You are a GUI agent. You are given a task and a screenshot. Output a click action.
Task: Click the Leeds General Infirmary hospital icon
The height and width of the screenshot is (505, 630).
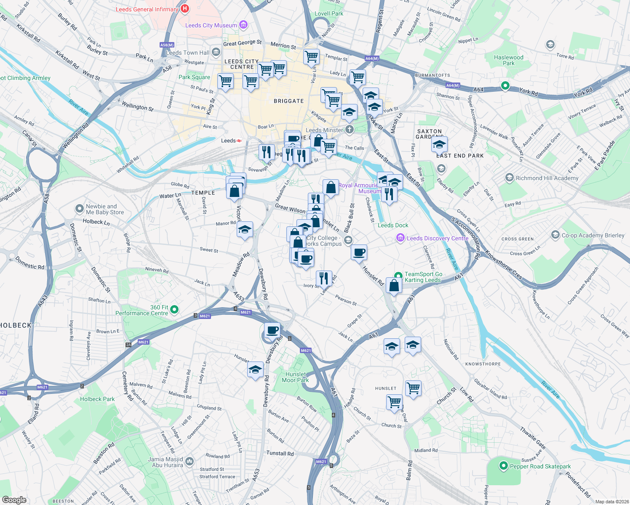[x=184, y=8]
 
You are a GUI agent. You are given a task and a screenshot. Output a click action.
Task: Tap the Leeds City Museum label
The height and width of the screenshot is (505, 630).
[x=211, y=25]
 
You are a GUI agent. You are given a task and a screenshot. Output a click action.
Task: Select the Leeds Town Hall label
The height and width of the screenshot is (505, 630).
[x=187, y=53]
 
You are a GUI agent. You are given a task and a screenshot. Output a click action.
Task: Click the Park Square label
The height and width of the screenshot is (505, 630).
[x=194, y=77]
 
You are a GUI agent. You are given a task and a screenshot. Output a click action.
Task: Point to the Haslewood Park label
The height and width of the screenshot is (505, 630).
[x=508, y=60]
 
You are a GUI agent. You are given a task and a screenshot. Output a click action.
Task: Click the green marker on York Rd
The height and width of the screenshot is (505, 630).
[x=505, y=86]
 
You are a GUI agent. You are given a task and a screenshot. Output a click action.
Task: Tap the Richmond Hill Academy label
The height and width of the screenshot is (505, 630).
[x=547, y=178]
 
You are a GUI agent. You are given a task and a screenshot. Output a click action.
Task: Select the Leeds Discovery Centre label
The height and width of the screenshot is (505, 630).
[x=437, y=238]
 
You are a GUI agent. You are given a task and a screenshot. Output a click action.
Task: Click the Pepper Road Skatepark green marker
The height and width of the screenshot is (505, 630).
[x=503, y=466]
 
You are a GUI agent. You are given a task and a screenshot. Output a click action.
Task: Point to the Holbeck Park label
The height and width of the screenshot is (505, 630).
[x=97, y=399]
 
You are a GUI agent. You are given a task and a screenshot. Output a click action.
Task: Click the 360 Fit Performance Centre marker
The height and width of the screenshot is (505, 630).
[x=174, y=310]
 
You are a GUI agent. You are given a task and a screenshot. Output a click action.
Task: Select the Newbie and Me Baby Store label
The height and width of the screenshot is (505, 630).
[x=105, y=209]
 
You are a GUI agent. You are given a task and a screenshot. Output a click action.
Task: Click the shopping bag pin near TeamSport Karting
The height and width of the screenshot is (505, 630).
[x=394, y=286]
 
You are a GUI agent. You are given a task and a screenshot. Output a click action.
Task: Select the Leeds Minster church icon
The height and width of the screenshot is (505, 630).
[x=349, y=130]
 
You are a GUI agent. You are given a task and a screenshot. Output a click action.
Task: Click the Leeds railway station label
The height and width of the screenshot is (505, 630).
[x=229, y=141]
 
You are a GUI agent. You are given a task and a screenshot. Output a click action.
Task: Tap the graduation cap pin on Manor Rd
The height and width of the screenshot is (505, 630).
[x=245, y=230]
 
